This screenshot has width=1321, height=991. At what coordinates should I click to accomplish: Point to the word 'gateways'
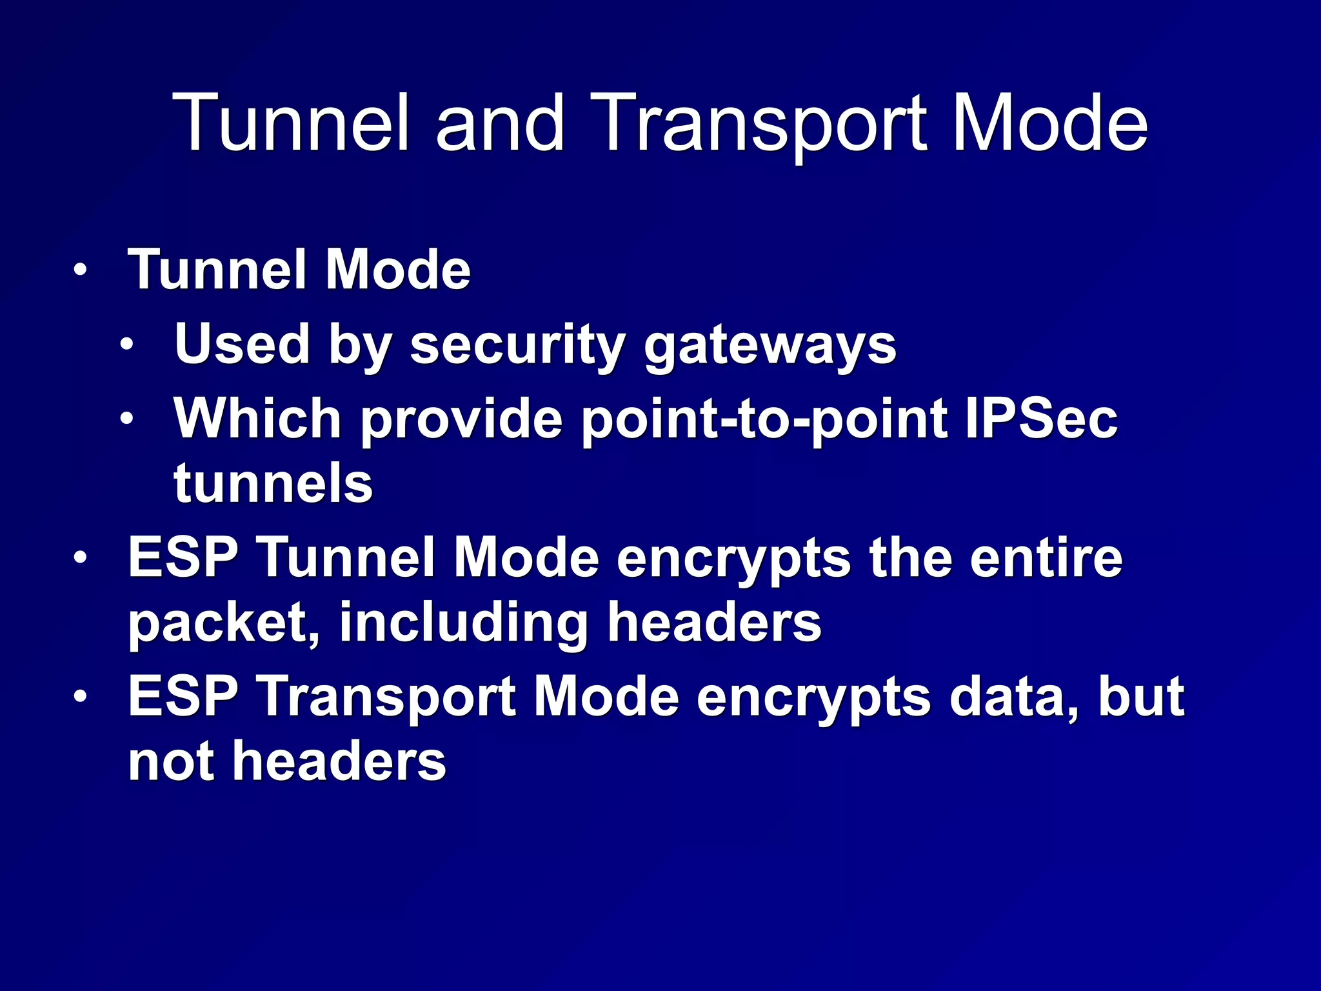pos(770,345)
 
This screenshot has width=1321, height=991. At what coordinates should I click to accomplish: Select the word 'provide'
pos(462,419)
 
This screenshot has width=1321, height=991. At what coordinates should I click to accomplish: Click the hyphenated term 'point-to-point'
pos(764,419)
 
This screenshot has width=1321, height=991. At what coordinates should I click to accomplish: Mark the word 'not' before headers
pos(170,761)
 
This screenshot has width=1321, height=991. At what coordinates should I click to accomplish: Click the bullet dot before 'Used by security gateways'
pos(127,345)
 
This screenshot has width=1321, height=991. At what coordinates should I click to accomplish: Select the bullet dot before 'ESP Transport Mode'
pos(79,697)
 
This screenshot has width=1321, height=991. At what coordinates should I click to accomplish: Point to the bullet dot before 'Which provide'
pos(127,419)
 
